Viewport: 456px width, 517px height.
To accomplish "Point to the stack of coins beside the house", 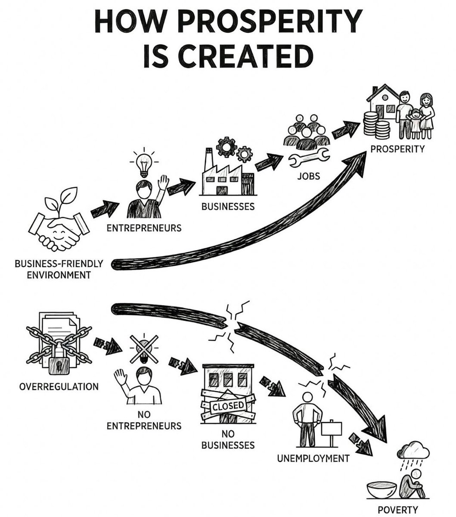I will click(376, 125).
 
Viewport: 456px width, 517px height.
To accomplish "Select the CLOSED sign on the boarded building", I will click(228, 405).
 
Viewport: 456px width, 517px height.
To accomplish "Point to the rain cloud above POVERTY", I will click(413, 451).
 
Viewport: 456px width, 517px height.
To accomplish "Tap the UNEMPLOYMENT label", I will click(313, 458).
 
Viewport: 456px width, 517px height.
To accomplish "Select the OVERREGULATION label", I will click(59, 386).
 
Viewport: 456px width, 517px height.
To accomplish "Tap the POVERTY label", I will click(397, 510).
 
